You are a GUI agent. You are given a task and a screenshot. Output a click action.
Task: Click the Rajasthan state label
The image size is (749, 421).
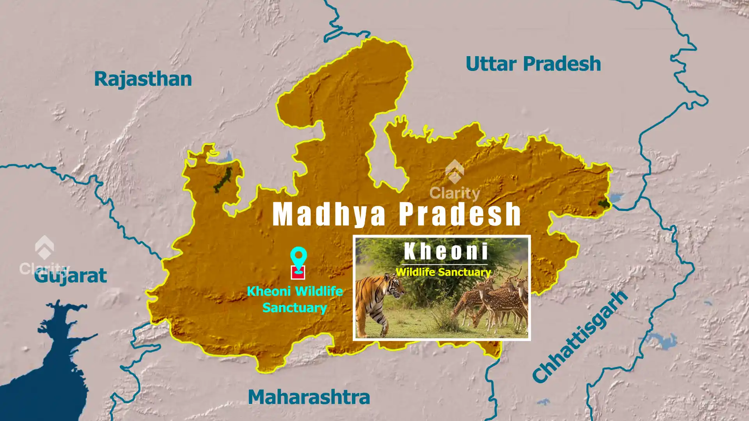pyautogui.click(x=143, y=79)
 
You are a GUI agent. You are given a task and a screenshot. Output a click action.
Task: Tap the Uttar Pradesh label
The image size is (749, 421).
pyautogui.click(x=533, y=64)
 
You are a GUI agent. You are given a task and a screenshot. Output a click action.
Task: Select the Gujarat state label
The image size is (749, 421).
pyautogui.click(x=71, y=276)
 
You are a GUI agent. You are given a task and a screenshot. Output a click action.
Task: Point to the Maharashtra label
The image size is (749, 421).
pyautogui.click(x=309, y=397)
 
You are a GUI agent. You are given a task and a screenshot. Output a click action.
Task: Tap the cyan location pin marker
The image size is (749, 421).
pyautogui.click(x=298, y=257)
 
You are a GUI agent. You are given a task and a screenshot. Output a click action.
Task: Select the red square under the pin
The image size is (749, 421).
pyautogui.click(x=298, y=273)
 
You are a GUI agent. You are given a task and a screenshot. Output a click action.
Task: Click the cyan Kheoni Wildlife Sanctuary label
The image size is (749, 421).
pyautogui.click(x=295, y=299)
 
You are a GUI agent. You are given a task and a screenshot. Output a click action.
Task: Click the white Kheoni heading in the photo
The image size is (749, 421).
pyautogui.click(x=446, y=251)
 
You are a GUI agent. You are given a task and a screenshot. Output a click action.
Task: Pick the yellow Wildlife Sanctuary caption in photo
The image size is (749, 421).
pyautogui.click(x=443, y=272)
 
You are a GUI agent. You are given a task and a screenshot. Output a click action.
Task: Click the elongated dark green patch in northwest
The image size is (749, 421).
pyautogui.click(x=223, y=180)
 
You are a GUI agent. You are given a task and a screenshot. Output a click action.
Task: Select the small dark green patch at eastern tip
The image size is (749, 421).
pyautogui.click(x=604, y=203)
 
